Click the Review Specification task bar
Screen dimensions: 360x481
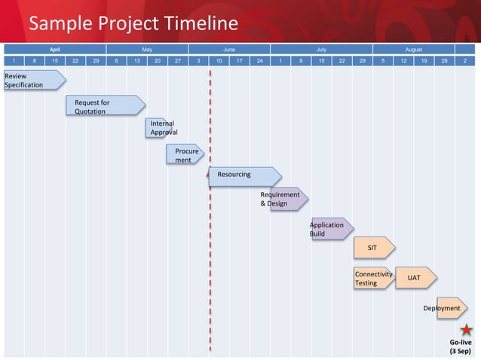33,80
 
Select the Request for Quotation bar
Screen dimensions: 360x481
105,106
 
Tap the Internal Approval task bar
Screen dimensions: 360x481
160,127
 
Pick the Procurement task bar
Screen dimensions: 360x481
185,154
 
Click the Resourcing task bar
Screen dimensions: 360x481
244,175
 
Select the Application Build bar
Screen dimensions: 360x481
331,228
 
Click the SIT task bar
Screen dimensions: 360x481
374,247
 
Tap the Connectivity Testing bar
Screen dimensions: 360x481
372,278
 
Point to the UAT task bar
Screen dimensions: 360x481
415,278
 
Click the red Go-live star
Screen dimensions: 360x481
467,330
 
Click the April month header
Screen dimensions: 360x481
55,49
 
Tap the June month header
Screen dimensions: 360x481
228,49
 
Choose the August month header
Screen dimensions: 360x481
413,49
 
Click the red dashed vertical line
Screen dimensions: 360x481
210,226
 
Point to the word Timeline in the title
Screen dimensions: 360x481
195,24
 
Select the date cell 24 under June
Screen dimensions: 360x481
259,62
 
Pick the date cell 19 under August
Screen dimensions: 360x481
424,62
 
